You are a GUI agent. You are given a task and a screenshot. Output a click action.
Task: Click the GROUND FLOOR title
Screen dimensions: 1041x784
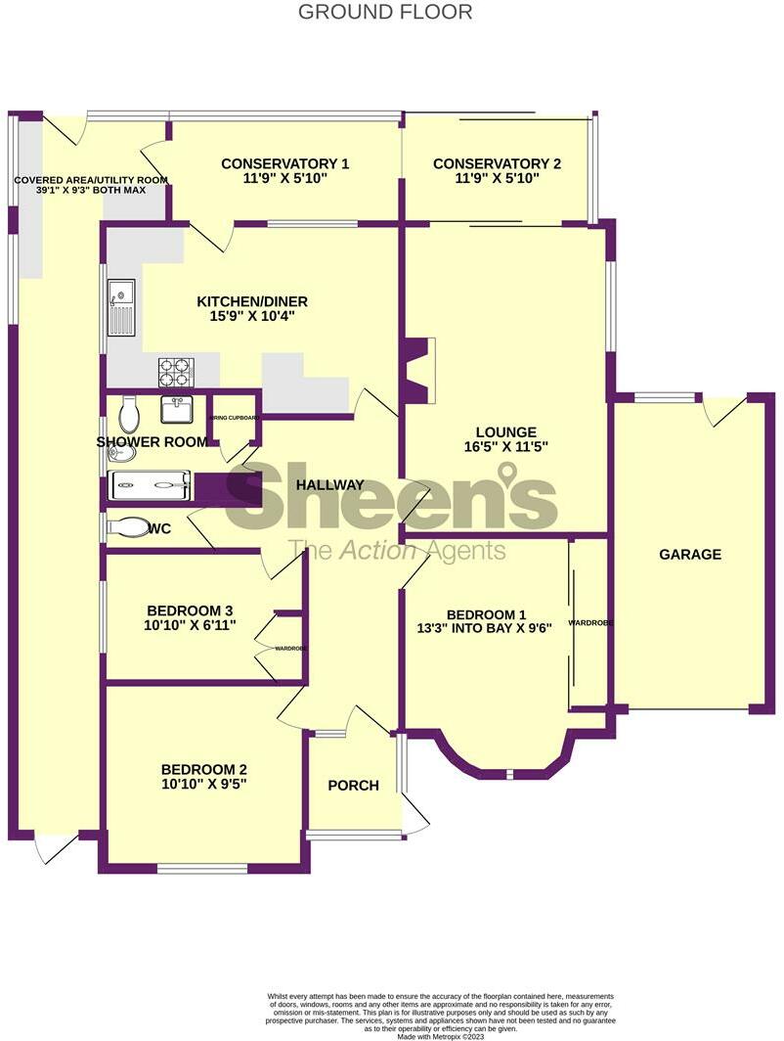click(384, 12)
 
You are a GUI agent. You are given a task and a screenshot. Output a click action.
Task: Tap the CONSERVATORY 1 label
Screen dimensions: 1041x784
click(284, 164)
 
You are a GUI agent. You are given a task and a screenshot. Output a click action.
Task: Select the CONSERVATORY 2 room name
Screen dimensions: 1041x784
click(497, 164)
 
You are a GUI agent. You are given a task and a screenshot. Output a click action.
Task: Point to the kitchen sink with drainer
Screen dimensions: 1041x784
click(122, 307)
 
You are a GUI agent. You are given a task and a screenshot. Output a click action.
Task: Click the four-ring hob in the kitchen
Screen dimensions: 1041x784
click(176, 373)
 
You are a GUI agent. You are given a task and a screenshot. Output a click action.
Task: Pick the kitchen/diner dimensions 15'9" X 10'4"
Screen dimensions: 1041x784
click(245, 317)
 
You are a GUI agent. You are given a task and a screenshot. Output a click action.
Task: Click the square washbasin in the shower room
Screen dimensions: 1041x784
click(177, 406)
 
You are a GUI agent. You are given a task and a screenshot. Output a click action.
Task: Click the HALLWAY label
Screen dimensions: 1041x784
click(330, 485)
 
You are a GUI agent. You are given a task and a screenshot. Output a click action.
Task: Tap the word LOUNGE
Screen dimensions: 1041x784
click(506, 432)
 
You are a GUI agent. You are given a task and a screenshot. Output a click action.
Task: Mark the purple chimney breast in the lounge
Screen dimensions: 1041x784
click(415, 371)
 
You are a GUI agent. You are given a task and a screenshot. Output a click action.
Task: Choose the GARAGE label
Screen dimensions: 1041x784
click(689, 554)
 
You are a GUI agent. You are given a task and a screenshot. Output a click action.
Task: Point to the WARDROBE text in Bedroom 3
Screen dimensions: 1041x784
click(290, 648)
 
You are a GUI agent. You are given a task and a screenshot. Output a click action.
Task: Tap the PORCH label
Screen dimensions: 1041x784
click(353, 786)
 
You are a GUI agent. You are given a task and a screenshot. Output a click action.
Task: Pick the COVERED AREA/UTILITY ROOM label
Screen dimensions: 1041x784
click(90, 180)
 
